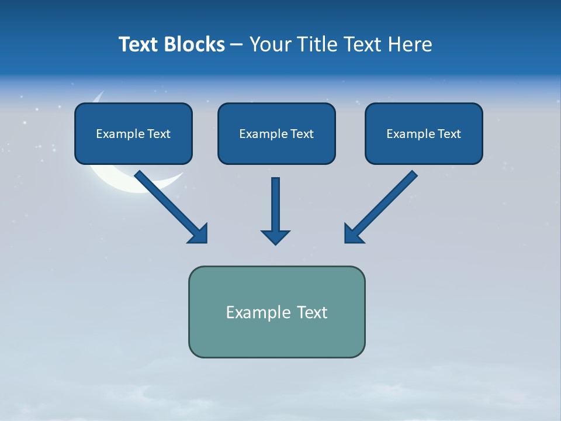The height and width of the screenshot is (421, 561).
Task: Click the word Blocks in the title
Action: coord(196,44)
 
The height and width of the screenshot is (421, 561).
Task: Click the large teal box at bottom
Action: coord(276,336)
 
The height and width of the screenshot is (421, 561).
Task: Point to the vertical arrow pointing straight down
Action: coord(275,205)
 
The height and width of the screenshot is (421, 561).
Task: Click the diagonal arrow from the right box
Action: coord(386,202)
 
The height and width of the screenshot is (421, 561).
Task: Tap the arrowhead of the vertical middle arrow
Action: coord(275,237)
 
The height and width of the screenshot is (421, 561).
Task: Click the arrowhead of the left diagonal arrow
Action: coord(199,234)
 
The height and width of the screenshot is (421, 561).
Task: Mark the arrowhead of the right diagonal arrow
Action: coord(353,234)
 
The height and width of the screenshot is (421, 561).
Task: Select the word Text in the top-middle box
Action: coord(302,134)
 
